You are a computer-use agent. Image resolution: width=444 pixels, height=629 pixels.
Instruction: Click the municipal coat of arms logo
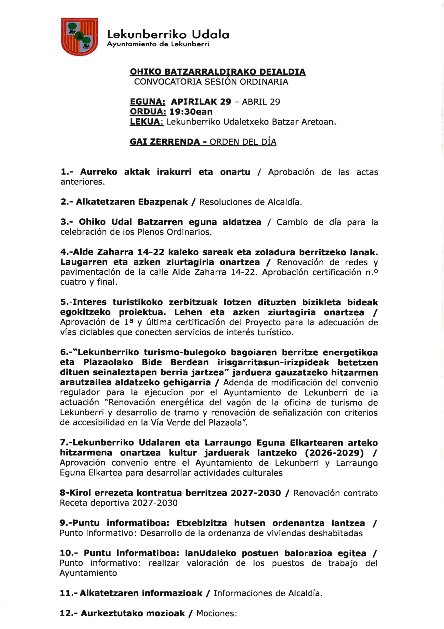click(x=79, y=37)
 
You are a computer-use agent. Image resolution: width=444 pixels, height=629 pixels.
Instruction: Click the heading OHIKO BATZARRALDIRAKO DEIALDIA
click(x=218, y=72)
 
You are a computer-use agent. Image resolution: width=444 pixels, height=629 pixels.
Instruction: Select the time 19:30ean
click(x=191, y=112)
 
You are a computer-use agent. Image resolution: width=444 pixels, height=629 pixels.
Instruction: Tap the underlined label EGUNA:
click(x=147, y=102)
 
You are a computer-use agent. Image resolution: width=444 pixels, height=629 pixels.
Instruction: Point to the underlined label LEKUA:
click(x=146, y=122)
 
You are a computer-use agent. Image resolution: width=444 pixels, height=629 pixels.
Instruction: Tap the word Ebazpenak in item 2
click(x=163, y=202)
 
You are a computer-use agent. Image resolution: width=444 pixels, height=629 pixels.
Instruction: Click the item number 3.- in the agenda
click(x=66, y=222)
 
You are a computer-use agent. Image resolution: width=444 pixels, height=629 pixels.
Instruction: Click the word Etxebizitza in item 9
click(x=202, y=523)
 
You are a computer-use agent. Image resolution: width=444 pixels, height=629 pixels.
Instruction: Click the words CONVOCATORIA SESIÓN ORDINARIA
click(x=211, y=82)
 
